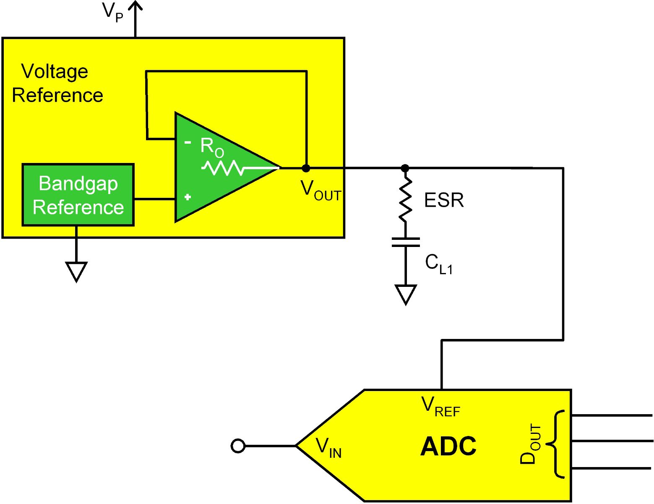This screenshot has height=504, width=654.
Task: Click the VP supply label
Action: click(x=112, y=13)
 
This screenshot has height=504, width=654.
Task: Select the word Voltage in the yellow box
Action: click(x=55, y=72)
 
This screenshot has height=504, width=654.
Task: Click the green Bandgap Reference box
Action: click(x=78, y=195)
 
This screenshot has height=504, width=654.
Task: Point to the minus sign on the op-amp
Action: click(x=188, y=142)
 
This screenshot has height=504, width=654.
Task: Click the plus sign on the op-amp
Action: click(x=188, y=197)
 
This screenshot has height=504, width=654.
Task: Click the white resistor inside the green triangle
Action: click(x=223, y=168)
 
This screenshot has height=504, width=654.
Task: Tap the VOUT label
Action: click(x=320, y=190)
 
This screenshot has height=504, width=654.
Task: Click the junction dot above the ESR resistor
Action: click(x=405, y=168)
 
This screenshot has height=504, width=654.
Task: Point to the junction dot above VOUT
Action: click(x=306, y=168)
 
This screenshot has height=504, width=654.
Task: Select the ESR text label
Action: click(x=444, y=200)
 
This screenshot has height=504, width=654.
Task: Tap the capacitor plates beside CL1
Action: click(x=406, y=242)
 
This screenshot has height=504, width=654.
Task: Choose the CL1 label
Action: click(x=439, y=264)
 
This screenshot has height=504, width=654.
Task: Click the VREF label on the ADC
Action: click(x=440, y=407)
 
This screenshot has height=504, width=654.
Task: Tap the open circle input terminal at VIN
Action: click(x=238, y=446)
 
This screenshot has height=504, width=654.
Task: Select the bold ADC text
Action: click(x=448, y=446)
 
